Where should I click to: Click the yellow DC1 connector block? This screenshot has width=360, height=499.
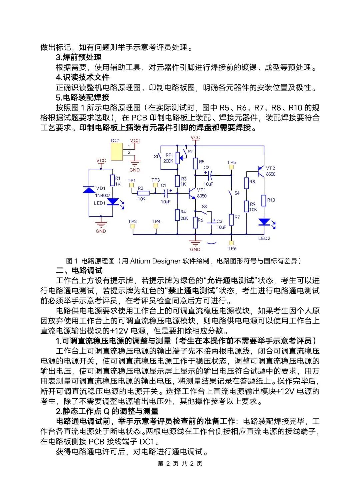(117, 152)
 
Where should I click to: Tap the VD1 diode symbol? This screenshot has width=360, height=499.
(89, 190)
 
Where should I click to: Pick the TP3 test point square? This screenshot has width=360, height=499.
(155, 185)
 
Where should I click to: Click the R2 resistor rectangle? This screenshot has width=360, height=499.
(143, 193)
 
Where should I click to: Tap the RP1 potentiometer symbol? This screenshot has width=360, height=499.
(177, 157)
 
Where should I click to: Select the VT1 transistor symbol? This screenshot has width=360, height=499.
(192, 193)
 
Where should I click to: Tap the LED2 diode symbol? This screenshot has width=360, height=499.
(264, 222)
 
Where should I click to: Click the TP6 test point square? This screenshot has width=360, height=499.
(231, 243)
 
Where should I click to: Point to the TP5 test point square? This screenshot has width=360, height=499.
(231, 167)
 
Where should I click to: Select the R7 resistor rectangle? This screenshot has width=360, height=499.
(231, 220)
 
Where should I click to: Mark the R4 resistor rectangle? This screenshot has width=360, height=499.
(177, 215)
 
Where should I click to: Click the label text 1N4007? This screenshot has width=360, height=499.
(103, 196)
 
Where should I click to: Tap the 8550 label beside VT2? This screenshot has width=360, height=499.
(271, 174)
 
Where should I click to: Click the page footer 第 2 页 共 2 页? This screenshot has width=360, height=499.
(180, 464)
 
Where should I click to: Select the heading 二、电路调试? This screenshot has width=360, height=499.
(79, 271)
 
